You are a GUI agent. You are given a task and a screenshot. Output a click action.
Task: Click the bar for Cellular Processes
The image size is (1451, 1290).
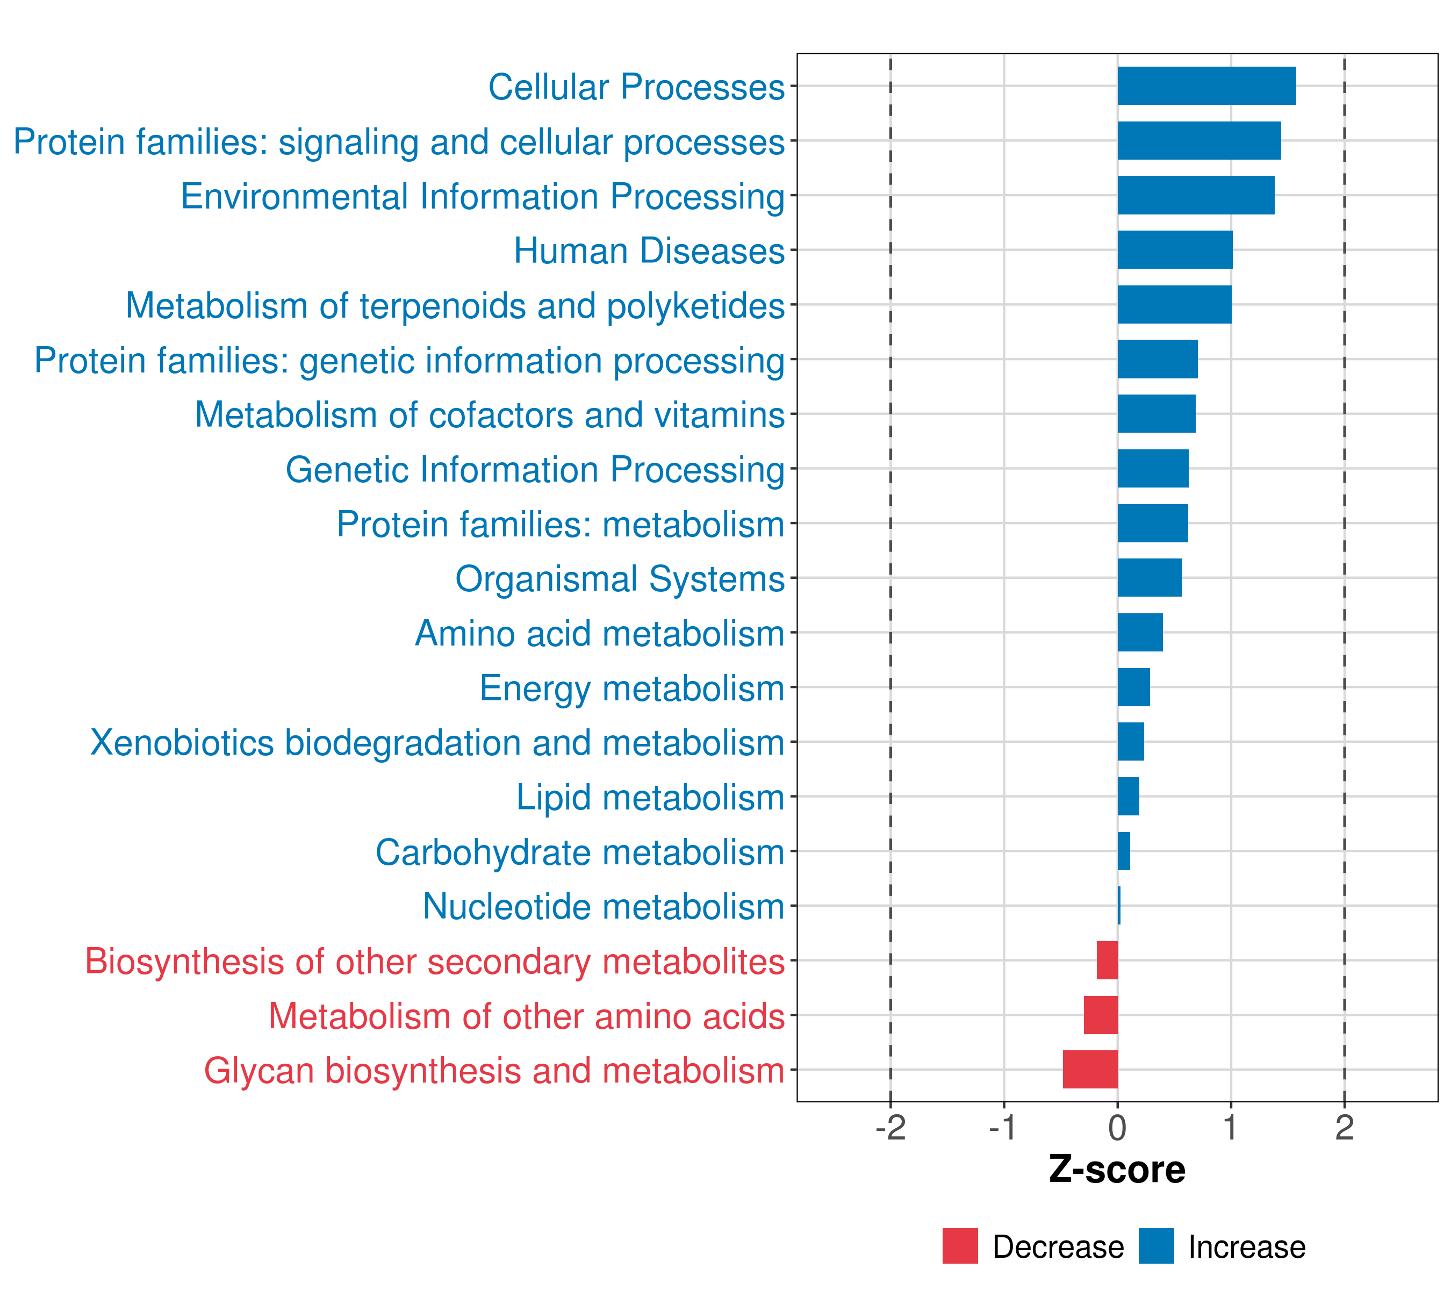[1206, 86]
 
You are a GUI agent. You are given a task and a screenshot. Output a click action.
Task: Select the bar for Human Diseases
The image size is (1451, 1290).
[1175, 250]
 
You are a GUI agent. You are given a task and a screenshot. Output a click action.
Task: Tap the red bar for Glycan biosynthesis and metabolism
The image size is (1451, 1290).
[1090, 1069]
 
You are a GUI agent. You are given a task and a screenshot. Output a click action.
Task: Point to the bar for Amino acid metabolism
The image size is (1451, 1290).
[1140, 633]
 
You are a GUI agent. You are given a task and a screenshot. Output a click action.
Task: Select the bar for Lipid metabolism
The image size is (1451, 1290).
[1128, 797]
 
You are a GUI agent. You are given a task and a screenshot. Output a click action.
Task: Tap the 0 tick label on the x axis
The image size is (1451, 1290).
[1117, 1128]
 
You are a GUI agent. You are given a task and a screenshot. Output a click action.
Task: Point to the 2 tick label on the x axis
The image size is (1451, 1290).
[1344, 1128]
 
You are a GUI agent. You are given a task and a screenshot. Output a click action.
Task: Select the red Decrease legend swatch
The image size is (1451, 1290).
[960, 1246]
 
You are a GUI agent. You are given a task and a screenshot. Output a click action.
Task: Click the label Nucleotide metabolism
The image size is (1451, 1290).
[604, 907]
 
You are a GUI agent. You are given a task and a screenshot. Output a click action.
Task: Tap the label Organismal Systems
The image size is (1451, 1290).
[620, 578]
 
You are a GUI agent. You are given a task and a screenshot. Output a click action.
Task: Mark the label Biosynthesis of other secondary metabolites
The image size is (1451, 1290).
[434, 961]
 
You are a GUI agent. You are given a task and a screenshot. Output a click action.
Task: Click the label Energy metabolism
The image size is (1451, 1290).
[632, 688]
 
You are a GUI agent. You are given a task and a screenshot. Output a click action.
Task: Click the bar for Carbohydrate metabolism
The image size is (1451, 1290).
[1124, 851]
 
